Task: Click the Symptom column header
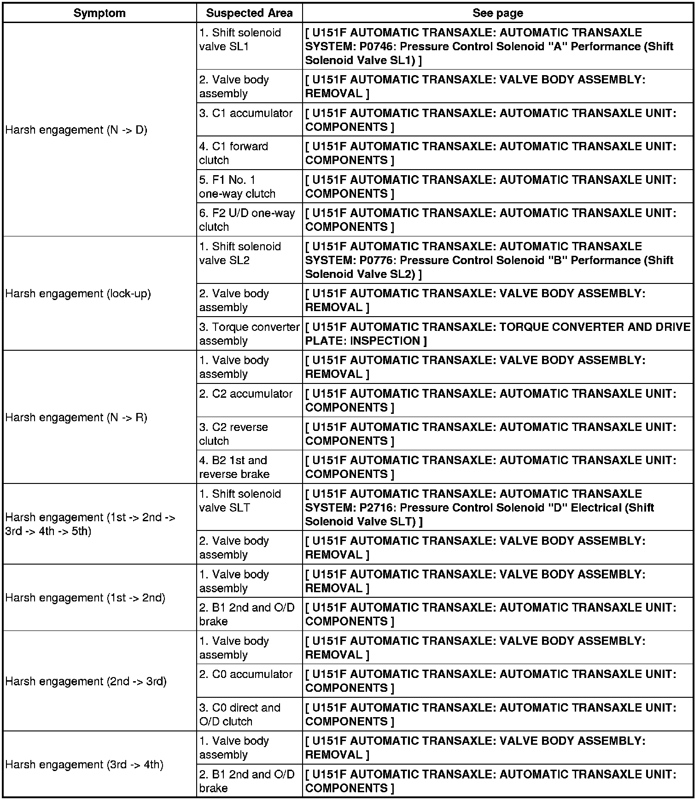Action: (x=99, y=13)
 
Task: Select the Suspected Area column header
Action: (x=249, y=13)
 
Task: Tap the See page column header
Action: (x=497, y=13)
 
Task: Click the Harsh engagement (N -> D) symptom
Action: (x=76, y=130)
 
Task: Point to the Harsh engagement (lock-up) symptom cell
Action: (x=78, y=294)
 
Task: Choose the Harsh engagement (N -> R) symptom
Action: (x=76, y=418)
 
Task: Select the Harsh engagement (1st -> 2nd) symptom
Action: (x=85, y=598)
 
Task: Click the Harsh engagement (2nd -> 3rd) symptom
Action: (x=86, y=681)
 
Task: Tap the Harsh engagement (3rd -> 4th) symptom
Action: (x=84, y=765)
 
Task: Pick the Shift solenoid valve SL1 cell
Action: (x=240, y=40)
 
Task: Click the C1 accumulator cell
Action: (x=246, y=113)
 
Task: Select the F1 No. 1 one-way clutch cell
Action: (x=237, y=187)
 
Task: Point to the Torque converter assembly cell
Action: (x=249, y=334)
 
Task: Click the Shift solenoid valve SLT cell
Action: (x=240, y=501)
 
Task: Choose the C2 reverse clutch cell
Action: (x=233, y=434)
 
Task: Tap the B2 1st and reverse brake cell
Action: (x=234, y=467)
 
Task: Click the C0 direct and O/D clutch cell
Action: (x=239, y=714)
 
